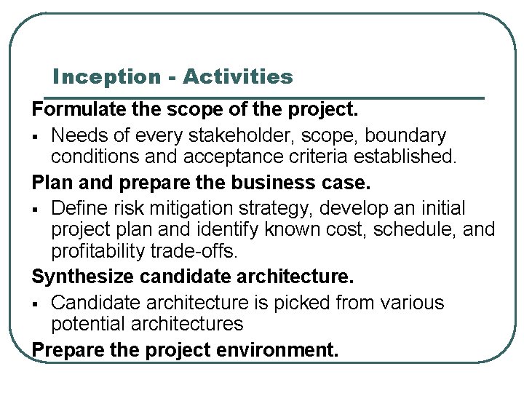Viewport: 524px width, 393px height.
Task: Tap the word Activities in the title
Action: (x=238, y=76)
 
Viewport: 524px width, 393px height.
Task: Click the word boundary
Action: (x=405, y=135)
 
